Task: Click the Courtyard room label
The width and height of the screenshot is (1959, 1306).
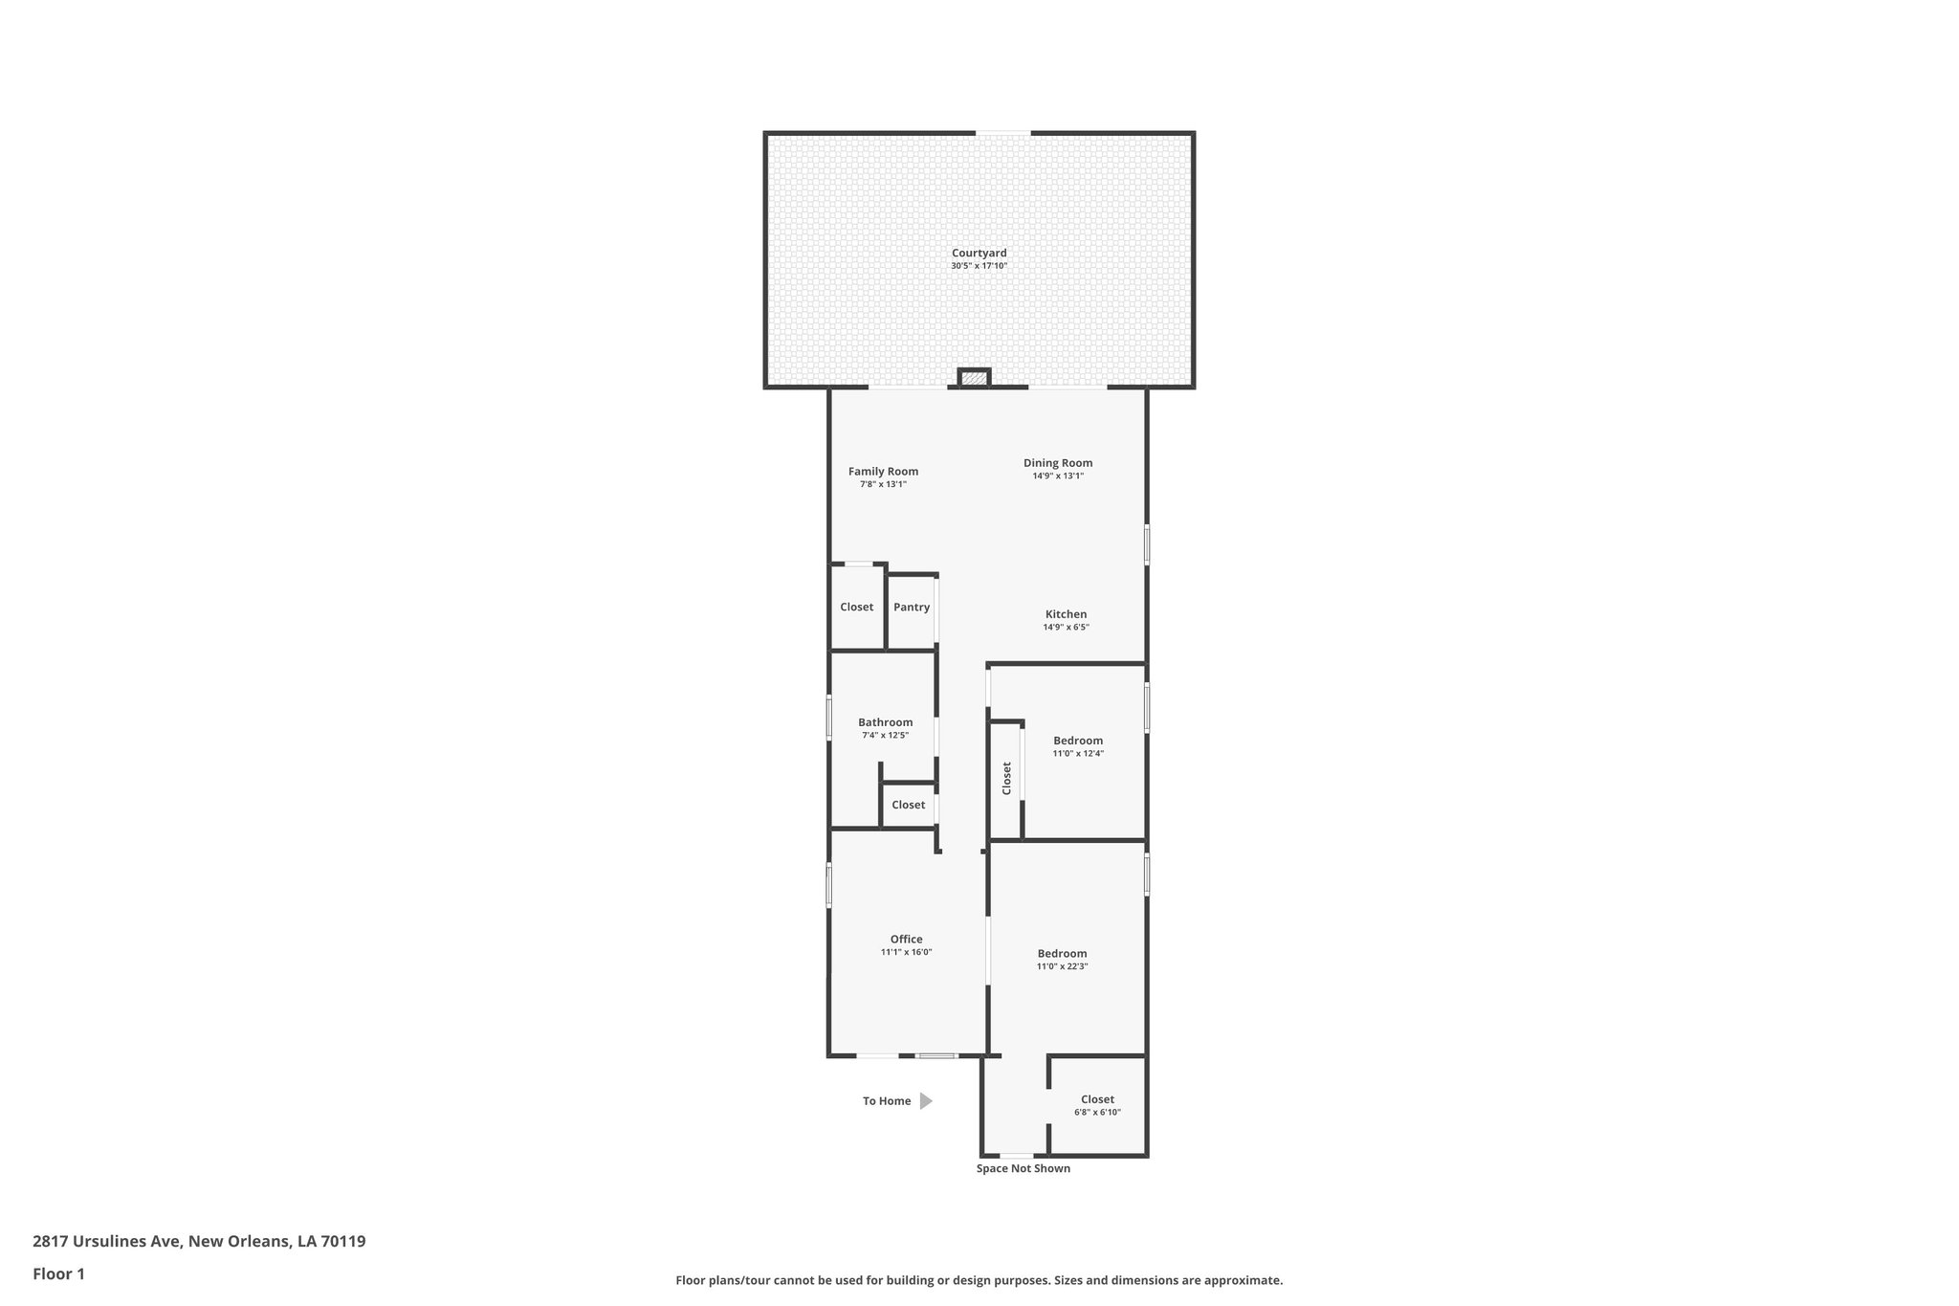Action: click(x=979, y=253)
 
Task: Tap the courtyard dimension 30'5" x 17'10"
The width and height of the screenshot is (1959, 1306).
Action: click(x=979, y=266)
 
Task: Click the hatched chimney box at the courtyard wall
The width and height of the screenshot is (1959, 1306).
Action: click(x=974, y=379)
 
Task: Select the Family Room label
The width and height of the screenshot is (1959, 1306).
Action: click(x=883, y=471)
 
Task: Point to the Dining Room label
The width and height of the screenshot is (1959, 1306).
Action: click(x=1057, y=462)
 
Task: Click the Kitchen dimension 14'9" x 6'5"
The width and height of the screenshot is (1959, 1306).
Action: click(x=1066, y=628)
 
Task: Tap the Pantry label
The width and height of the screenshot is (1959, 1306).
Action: click(x=912, y=607)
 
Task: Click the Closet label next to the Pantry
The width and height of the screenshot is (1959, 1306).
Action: click(x=856, y=607)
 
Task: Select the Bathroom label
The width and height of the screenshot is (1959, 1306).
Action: click(x=885, y=722)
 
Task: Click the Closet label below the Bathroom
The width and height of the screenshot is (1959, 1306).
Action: click(x=908, y=805)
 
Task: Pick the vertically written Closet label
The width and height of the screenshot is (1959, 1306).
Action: click(x=1006, y=778)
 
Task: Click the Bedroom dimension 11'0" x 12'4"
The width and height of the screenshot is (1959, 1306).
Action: click(x=1078, y=754)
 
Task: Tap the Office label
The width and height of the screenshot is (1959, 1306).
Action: click(x=906, y=939)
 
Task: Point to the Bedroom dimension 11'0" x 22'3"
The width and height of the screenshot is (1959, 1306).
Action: click(x=1062, y=966)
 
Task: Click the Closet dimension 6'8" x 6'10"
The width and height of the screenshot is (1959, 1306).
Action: click(x=1097, y=1112)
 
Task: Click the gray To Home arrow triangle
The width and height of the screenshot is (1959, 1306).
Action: click(x=925, y=1101)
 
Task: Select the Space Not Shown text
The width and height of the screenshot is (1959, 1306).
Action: click(x=1023, y=1168)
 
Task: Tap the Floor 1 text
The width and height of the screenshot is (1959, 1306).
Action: click(x=58, y=1273)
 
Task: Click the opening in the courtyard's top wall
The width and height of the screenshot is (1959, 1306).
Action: click(x=1002, y=133)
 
